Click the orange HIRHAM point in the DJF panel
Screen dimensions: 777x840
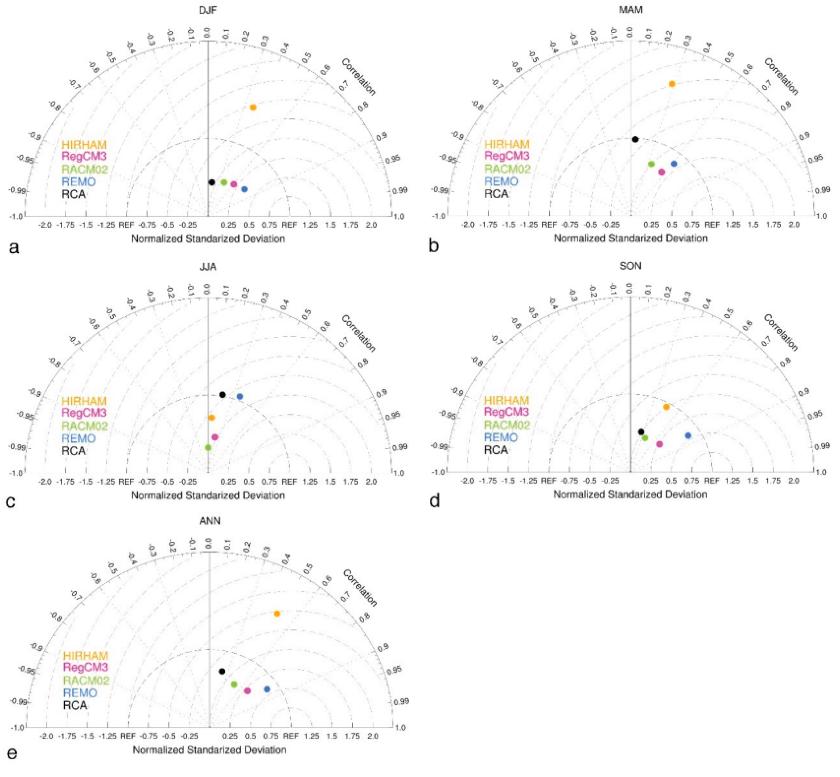pyautogui.click(x=253, y=108)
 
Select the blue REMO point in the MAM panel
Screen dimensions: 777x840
pyautogui.click(x=674, y=164)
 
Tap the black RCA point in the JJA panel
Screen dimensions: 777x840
pyautogui.click(x=222, y=395)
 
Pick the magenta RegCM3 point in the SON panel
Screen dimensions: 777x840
pyautogui.click(x=659, y=444)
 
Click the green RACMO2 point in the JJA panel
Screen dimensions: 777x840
pyautogui.click(x=208, y=448)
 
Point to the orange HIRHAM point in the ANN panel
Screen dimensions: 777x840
pyautogui.click(x=277, y=614)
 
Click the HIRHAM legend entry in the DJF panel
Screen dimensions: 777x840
pyautogui.click(x=84, y=145)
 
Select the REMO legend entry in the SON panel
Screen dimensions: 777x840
pyautogui.click(x=501, y=438)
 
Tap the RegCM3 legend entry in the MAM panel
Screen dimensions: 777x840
pyautogui.click(x=507, y=156)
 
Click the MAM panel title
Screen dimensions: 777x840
pyautogui.click(x=631, y=10)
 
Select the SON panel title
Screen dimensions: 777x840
pyautogui.click(x=630, y=266)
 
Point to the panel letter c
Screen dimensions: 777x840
pyautogui.click(x=11, y=502)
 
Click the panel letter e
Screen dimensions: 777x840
pyautogui.click(x=12, y=753)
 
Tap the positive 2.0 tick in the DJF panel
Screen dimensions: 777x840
pyautogui.click(x=371, y=225)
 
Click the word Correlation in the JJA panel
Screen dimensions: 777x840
pyautogui.click(x=358, y=333)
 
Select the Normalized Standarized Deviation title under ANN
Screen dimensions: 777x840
pyautogui.click(x=209, y=750)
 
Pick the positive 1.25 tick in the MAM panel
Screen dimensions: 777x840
pyautogui.click(x=733, y=225)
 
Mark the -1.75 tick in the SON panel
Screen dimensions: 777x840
pyautogui.click(x=488, y=481)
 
